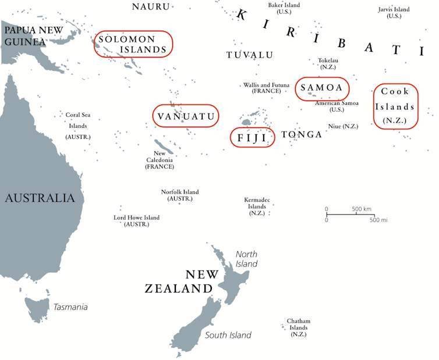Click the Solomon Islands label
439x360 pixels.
[x=133, y=44]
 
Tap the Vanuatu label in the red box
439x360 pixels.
[x=186, y=116]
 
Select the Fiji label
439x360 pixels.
[x=252, y=138]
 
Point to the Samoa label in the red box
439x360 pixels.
[x=323, y=88]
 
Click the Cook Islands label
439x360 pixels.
[x=395, y=106]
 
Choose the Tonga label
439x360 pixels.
[x=302, y=135]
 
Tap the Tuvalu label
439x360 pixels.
[x=250, y=55]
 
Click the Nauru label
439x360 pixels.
[x=151, y=7]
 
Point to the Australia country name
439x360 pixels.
[x=40, y=198]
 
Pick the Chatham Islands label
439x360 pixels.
[x=298, y=327]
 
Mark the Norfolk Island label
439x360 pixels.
[x=180, y=195]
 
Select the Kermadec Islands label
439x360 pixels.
[x=257, y=206]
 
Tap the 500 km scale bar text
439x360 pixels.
[x=362, y=209]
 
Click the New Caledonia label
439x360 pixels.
[x=160, y=160]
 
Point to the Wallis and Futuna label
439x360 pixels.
[x=267, y=88]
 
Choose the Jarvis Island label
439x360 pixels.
[x=394, y=13]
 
